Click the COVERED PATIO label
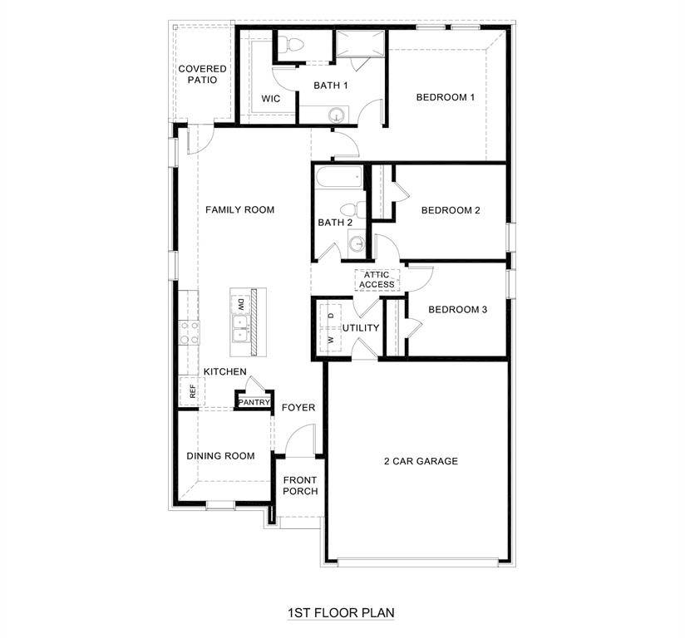pos(202,74)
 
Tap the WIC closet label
pos(270,99)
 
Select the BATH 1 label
pos(330,86)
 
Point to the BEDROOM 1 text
pos(445,97)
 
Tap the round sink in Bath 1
pos(338,115)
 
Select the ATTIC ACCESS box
pos(377,280)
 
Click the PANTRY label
pos(254,403)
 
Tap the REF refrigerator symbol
pos(192,391)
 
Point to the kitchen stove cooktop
pos(190,332)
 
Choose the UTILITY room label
pos(360,328)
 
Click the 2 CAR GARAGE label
pos(421,461)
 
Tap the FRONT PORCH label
pos(300,485)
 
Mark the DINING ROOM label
pos(220,456)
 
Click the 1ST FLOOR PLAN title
pos(341,613)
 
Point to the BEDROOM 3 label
pos(457,310)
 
